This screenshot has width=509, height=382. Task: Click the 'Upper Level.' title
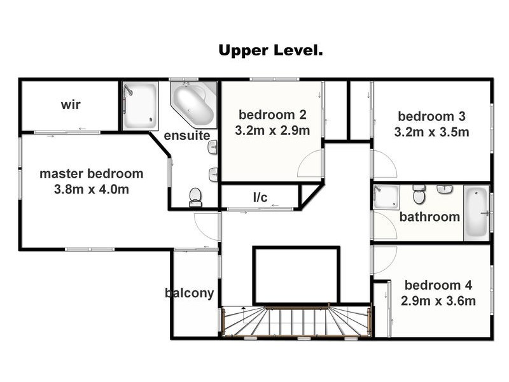[x=270, y=51]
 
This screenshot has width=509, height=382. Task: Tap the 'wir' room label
[x=71, y=104]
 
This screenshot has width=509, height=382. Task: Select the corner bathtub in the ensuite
[x=194, y=104]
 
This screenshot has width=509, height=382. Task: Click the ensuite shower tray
[x=140, y=106]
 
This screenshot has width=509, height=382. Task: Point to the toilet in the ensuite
[x=195, y=197]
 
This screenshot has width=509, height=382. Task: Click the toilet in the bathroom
[x=419, y=194]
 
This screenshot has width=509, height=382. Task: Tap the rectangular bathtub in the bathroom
[x=476, y=213]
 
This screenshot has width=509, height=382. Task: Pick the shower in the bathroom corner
[x=386, y=197]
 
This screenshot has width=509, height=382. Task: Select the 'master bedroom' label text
[x=91, y=174]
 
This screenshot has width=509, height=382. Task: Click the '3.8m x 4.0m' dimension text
[x=91, y=189]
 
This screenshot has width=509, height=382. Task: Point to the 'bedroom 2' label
[x=272, y=115]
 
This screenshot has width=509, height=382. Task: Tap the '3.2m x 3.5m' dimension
[x=432, y=132]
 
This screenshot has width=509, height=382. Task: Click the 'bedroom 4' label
[x=438, y=285]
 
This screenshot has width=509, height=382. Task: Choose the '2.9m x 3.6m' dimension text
[x=438, y=301]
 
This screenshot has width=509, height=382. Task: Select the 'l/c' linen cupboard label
[x=260, y=197]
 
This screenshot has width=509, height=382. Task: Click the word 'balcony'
[x=189, y=293]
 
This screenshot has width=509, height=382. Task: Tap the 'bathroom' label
[x=429, y=216]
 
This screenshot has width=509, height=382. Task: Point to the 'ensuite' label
[x=187, y=136]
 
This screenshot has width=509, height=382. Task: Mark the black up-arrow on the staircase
[x=244, y=308]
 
